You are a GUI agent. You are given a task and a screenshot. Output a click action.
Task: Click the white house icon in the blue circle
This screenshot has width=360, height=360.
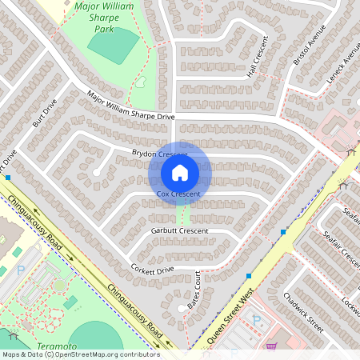tap(180, 172)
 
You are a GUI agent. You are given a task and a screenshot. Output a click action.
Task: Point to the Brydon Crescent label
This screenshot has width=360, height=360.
tap(159, 153)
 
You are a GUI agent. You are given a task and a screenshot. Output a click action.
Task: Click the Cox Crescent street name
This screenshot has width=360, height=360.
tap(178, 194)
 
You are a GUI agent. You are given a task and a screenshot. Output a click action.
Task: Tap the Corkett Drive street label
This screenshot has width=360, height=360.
tap(151, 270)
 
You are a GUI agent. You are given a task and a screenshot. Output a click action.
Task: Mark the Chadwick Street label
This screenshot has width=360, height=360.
tap(303, 313)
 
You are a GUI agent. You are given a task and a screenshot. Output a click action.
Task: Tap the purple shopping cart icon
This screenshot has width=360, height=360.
tap(273, 348)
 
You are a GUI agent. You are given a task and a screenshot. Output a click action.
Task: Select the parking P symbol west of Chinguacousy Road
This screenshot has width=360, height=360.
tap(21, 270)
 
